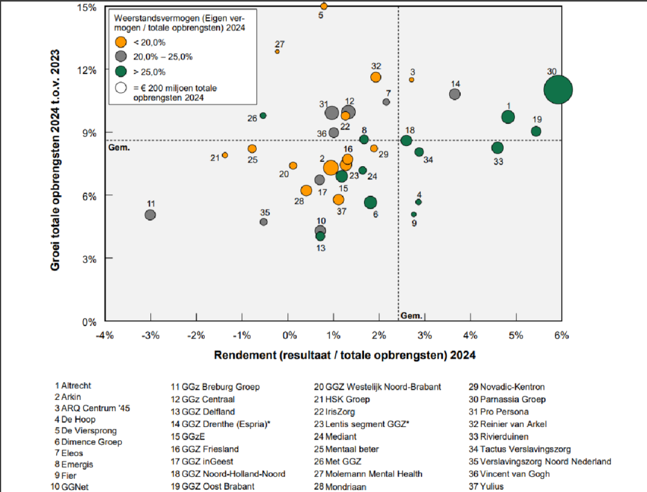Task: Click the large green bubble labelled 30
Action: click(x=558, y=89)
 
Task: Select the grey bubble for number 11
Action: click(x=150, y=215)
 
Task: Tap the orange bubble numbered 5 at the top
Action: click(x=324, y=6)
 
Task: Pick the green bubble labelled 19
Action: click(x=536, y=131)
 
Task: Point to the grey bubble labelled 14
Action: click(x=455, y=94)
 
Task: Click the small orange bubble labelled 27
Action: click(x=277, y=51)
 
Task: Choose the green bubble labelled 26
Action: click(x=263, y=116)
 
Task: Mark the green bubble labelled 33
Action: click(x=497, y=148)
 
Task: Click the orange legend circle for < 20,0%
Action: click(x=119, y=42)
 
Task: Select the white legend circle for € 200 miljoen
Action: click(x=119, y=88)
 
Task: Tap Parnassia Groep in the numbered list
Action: click(x=503, y=399)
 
